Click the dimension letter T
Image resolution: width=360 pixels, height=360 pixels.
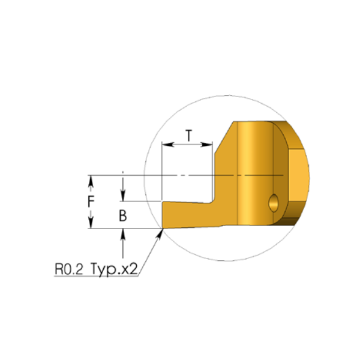(189, 136)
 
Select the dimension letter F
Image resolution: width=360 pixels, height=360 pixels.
(91, 202)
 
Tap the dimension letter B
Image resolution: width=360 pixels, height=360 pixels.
(123, 216)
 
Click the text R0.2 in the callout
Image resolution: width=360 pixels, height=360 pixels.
(68, 269)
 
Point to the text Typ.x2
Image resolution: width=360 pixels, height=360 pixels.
(114, 269)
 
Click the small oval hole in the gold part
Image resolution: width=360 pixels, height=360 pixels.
(274, 203)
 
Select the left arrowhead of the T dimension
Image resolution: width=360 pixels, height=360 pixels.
(167, 145)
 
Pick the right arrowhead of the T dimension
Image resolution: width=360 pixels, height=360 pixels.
(206, 145)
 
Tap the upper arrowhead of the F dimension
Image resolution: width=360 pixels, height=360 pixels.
(91, 181)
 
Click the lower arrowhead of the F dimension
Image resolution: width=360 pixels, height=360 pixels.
(91, 223)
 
